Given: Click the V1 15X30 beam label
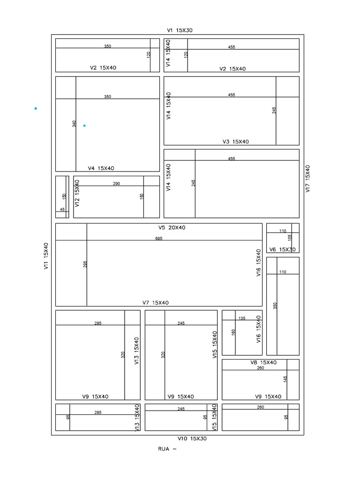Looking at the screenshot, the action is tap(180, 30).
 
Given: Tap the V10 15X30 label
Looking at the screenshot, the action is tap(192, 438).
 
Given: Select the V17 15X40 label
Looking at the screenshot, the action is tap(307, 179).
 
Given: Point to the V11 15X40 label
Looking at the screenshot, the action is tap(46, 256).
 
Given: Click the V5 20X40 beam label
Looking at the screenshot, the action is tap(172, 227).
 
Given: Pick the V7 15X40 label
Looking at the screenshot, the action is tap(156, 303).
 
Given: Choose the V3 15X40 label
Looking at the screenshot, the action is tap(236, 142).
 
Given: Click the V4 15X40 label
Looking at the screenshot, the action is tap(101, 168).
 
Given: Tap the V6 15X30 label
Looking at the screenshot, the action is tap(283, 249).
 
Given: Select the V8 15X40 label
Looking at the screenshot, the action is tap(263, 362).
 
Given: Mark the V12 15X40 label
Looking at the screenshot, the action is tap(77, 193).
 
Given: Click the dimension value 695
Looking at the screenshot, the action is tap(159, 239).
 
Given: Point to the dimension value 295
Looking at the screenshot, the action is tap(85, 264).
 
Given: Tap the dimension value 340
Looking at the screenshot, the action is tap(74, 124).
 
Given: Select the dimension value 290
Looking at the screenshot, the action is tap(116, 184).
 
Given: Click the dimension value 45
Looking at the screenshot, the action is tap(62, 210).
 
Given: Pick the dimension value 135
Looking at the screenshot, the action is tap(242, 318).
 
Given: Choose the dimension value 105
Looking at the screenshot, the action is tap(290, 238).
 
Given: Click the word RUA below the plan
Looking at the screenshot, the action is tap(164, 449).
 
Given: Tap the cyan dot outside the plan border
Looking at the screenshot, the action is tap(36, 108).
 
